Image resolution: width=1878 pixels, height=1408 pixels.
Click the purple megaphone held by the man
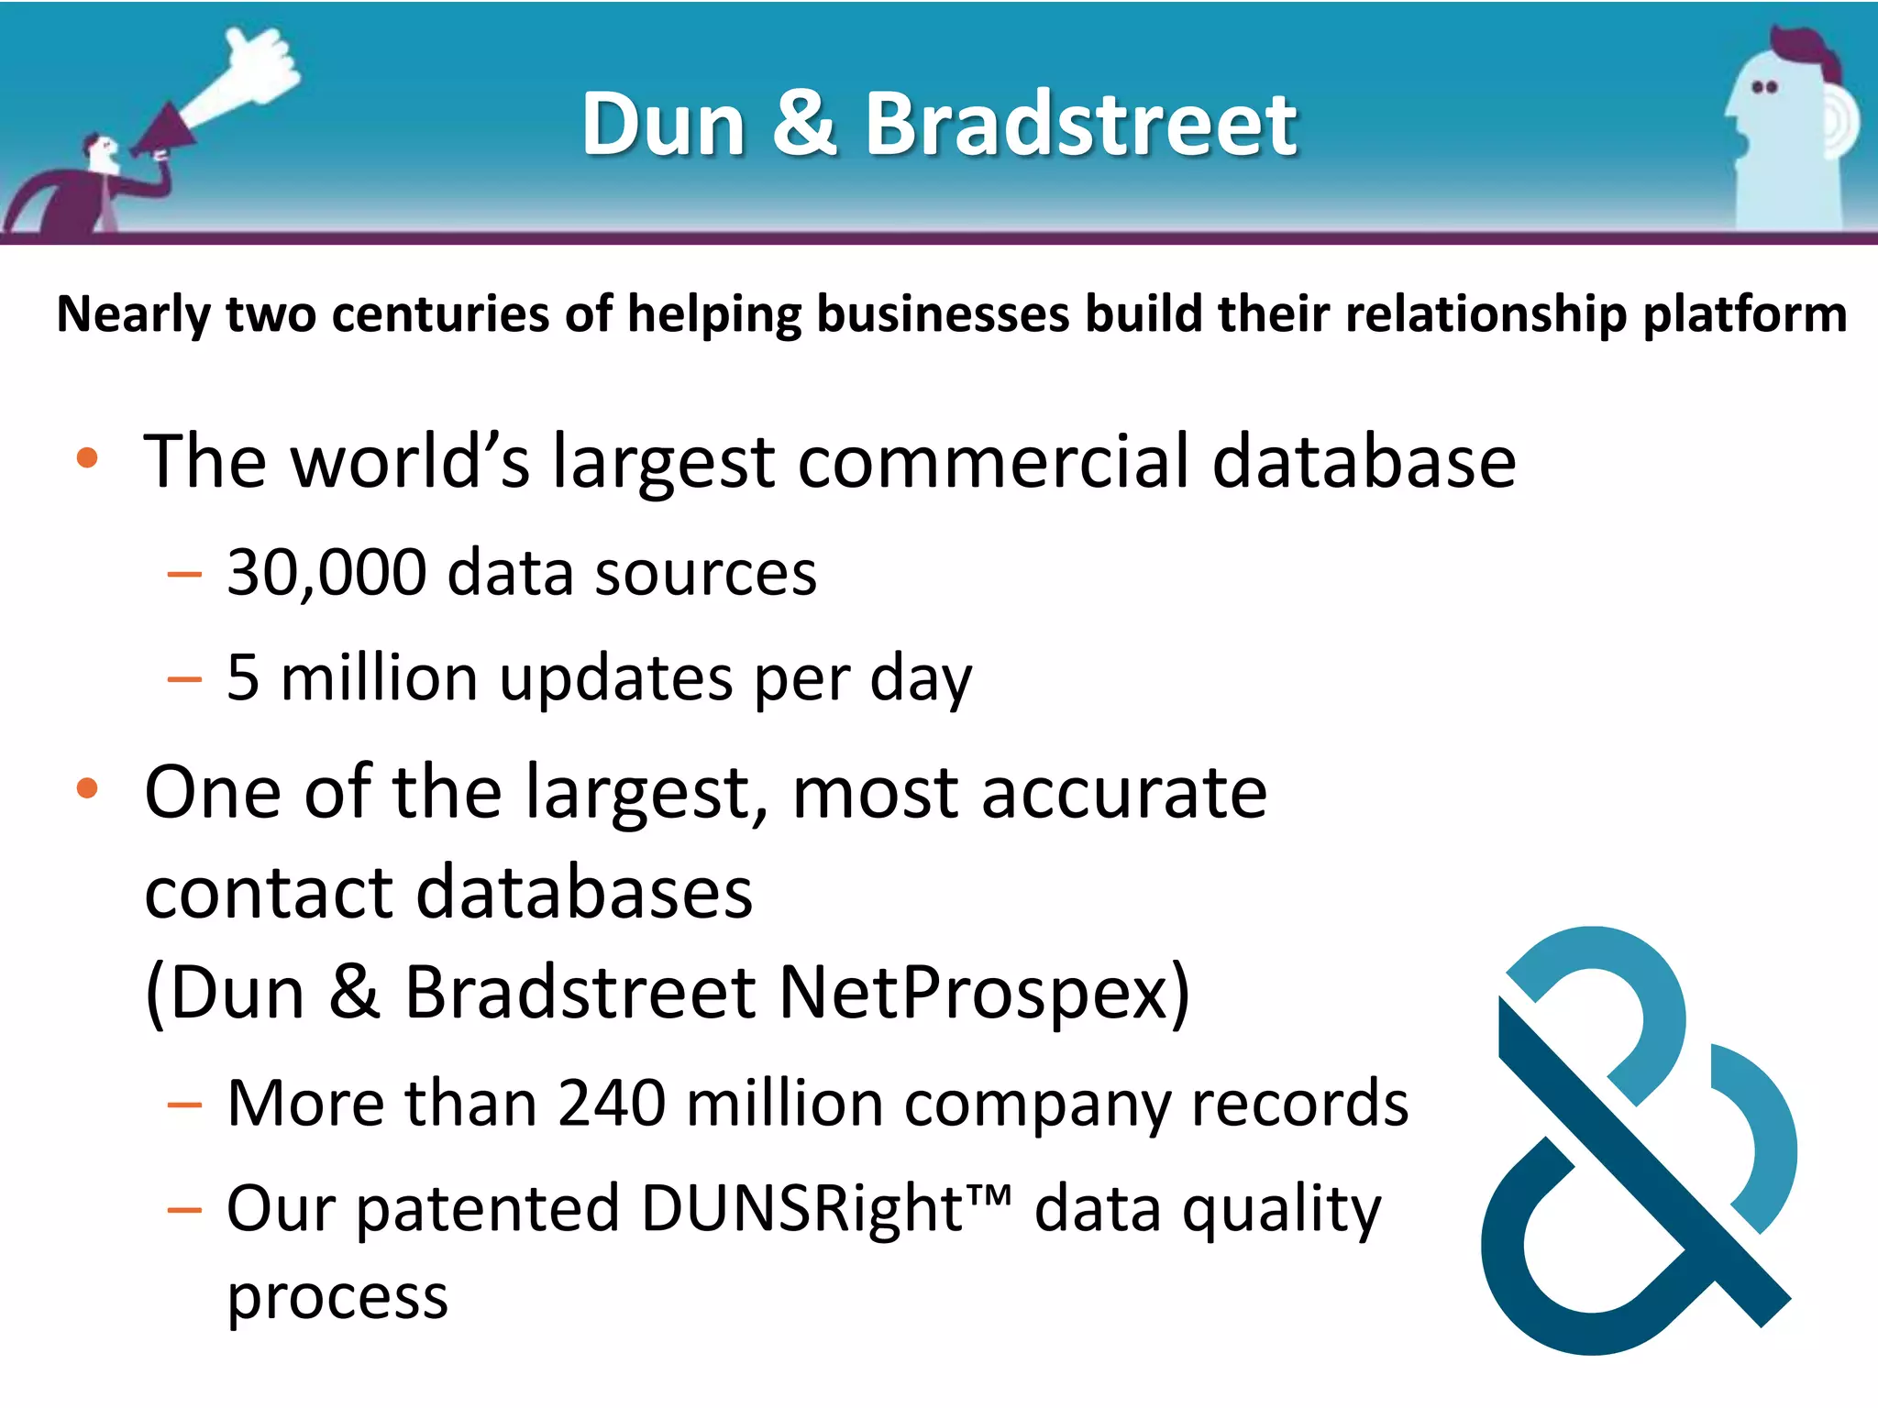pyautogui.click(x=165, y=134)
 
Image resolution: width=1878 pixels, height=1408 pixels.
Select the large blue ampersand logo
pyautogui.click(x=1637, y=1141)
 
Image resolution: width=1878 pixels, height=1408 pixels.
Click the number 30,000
pyautogui.click(x=326, y=573)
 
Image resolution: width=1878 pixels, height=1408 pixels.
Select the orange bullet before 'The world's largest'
pyautogui.click(x=87, y=457)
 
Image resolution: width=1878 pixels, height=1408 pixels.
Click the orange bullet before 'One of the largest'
pyautogui.click(x=87, y=788)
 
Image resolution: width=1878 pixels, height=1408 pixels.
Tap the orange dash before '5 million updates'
pyautogui.click(x=184, y=679)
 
